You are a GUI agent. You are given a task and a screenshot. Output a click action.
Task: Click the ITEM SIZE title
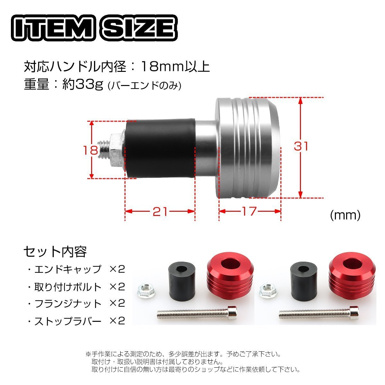tap(94, 28)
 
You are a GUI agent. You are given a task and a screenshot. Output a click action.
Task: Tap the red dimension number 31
tap(301, 146)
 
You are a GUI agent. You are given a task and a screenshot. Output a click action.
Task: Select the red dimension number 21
tap(160, 211)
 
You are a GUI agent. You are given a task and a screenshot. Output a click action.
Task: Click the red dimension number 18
tap(90, 150)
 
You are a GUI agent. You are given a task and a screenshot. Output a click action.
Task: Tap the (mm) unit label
tap(345, 215)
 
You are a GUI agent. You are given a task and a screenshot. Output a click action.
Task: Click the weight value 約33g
tap(83, 84)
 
